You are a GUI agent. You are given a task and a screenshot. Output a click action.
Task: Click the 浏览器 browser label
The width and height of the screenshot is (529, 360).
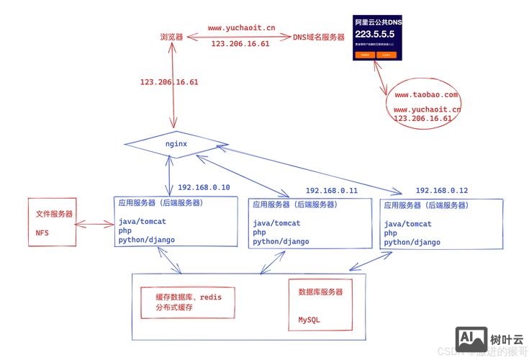coord(171,36)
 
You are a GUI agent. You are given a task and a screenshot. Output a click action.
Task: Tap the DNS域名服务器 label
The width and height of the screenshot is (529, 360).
coord(319,37)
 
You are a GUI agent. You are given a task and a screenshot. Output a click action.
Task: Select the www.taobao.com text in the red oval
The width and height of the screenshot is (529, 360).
coord(425,94)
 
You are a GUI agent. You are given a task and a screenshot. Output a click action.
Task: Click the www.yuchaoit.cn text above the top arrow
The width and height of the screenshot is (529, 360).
coord(241,28)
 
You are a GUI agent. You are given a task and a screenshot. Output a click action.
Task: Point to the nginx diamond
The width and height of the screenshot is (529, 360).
coord(176,143)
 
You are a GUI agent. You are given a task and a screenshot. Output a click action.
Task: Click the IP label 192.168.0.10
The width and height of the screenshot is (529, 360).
coord(204,187)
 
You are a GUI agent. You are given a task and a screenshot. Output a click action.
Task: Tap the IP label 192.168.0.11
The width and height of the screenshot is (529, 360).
coord(331,191)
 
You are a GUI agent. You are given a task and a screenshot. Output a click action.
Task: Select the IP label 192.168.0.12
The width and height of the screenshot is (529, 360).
coord(441,191)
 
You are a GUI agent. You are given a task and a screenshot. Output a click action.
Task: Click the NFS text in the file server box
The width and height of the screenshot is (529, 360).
coord(42,233)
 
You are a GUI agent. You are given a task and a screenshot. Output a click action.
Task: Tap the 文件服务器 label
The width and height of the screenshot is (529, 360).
coord(54,215)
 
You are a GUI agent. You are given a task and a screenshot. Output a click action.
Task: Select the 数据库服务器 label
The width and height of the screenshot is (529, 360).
coord(320,292)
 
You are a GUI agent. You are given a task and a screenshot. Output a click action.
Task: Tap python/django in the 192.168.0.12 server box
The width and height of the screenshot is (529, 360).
coord(412,243)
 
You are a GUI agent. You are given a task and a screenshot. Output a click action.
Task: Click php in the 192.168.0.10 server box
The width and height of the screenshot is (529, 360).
coord(125,231)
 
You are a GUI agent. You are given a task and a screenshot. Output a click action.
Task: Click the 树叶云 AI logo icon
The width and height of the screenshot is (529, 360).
coord(471,338)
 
